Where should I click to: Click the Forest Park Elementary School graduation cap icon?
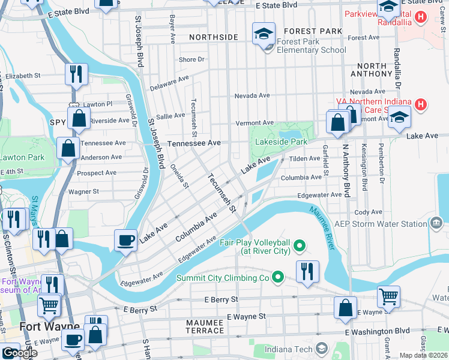click(264, 34)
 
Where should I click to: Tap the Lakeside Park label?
click(281, 142)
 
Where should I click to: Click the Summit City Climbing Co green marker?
click(277, 277)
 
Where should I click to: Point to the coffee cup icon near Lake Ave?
click(126, 240)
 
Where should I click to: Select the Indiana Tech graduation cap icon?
click(322, 348)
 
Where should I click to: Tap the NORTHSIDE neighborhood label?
click(213, 37)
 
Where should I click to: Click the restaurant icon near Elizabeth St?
click(76, 74)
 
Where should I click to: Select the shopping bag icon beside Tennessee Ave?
click(68, 148)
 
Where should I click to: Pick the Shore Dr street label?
click(191, 60)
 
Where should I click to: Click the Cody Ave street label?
click(368, 212)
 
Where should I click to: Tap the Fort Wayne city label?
click(41, 327)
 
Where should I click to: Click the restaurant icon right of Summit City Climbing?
click(307, 271)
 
